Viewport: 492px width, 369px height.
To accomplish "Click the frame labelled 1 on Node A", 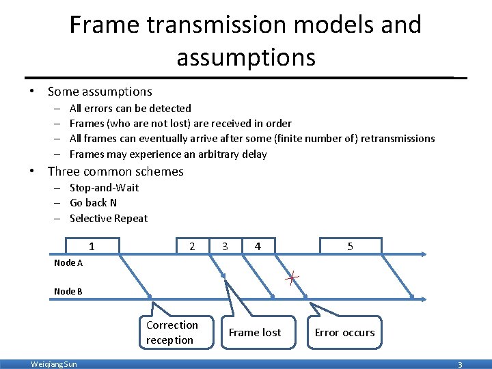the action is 92,246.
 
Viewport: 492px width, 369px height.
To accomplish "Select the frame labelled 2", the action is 193,246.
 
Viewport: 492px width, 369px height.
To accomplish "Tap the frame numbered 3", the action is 225,246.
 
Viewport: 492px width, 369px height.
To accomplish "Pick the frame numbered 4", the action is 257,246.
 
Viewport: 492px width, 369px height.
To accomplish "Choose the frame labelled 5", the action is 350,246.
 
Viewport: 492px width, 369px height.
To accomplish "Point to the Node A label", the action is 68,263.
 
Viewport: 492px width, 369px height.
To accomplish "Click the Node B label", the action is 68,292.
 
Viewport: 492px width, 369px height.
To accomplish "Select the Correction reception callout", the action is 172,332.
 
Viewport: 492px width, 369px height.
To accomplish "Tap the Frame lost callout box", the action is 254,333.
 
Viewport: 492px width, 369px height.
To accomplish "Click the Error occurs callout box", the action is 344,333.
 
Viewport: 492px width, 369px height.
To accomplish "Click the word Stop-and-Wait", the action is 104,187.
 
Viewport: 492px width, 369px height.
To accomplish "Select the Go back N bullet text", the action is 93,203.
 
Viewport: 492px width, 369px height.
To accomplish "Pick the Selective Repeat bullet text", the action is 109,219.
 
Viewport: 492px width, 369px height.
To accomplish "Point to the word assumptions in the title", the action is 246,57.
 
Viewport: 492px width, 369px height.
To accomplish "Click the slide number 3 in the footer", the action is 460,365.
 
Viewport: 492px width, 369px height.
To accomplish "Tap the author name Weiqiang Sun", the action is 54,364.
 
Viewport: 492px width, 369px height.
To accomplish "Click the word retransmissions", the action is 398,139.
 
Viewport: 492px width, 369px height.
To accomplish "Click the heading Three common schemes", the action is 115,172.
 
